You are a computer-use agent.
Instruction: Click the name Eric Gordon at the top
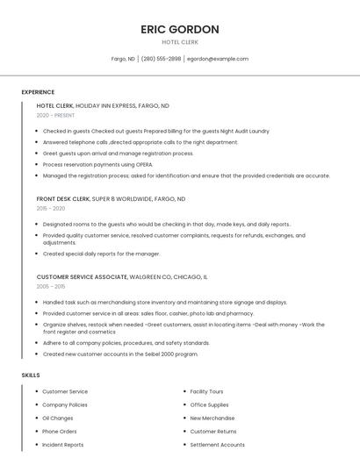[180, 29]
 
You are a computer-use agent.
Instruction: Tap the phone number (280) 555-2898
[161, 59]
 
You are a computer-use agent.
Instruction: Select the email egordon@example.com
[218, 59]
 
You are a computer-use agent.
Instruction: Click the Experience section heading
[38, 92]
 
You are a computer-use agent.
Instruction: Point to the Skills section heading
[31, 375]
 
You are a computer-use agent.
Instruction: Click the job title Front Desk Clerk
[63, 198]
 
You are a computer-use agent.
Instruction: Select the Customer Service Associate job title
[82, 276]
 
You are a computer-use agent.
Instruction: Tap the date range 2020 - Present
[55, 115]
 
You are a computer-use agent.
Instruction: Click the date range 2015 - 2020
[51, 209]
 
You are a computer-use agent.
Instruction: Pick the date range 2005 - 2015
[51, 287]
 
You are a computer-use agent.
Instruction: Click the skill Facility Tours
[206, 391]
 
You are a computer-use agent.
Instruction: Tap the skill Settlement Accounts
[217, 445]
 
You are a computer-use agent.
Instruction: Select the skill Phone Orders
[60, 432]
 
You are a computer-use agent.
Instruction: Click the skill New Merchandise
[212, 418]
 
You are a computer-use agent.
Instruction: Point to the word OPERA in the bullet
[144, 164]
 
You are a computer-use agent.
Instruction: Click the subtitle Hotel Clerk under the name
[180, 42]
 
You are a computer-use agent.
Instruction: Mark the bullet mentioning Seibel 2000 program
[120, 354]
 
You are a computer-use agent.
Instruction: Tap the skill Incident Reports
[63, 445]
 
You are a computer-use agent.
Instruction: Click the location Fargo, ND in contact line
[123, 59]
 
